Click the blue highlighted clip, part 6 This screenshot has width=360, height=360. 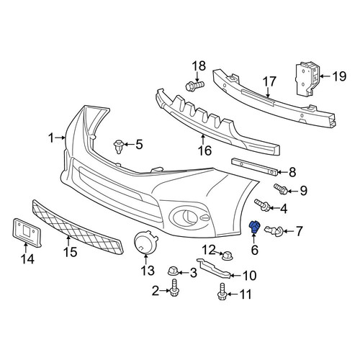[254, 227]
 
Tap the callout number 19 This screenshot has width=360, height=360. [339, 76]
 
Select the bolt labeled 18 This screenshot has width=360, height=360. [195, 85]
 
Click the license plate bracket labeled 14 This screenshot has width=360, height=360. [27, 232]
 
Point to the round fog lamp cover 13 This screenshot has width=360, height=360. [145, 242]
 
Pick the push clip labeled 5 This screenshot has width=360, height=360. [118, 146]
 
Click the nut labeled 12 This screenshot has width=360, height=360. [228, 256]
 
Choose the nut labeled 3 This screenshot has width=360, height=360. [173, 271]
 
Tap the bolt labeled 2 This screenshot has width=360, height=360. [174, 288]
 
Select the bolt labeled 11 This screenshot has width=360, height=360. [222, 291]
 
